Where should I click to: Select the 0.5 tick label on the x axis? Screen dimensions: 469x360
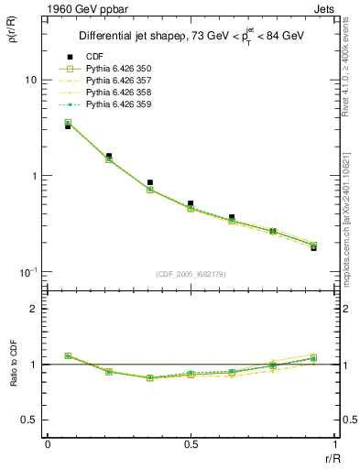tap(191, 444)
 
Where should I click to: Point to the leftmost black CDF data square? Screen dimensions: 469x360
tap(68, 126)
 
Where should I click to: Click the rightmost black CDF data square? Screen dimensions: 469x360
tap(314, 247)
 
